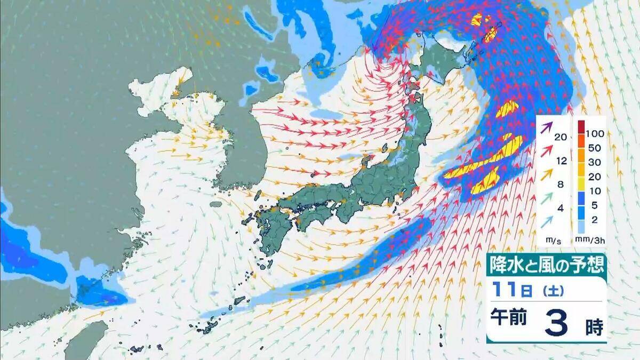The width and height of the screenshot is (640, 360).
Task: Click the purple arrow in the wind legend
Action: click(x=546, y=127)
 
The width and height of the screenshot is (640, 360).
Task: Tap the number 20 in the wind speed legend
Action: click(x=561, y=137)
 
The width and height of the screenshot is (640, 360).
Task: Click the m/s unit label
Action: click(x=553, y=241)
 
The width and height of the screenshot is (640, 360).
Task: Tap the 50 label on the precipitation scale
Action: click(x=594, y=146)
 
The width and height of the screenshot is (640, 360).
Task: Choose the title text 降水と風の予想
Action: click(x=547, y=263)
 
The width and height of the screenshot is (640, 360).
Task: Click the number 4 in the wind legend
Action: click(x=561, y=209)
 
